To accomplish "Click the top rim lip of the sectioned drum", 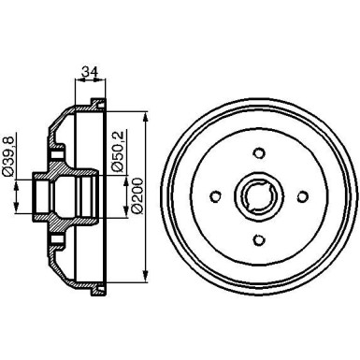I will pyautogui.click(x=97, y=104).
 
